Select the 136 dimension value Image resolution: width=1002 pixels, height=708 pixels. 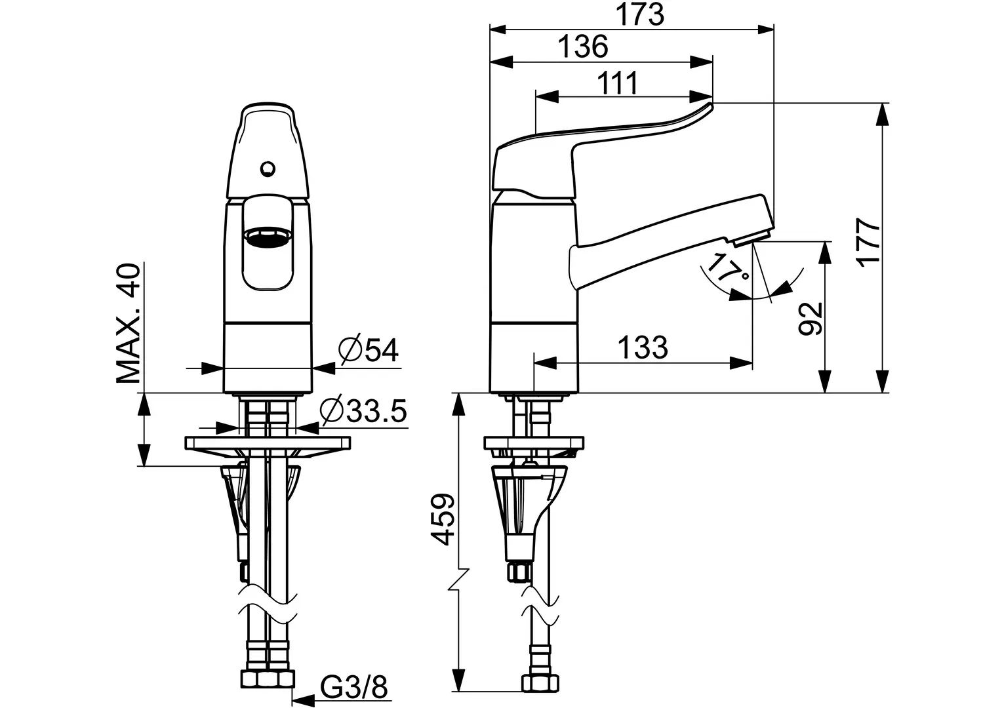pyautogui.click(x=584, y=47)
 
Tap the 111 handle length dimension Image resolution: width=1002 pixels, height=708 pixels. pyautogui.click(x=618, y=83)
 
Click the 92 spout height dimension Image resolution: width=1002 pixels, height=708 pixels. pyautogui.click(x=811, y=319)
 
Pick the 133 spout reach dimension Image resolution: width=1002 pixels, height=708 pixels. pyautogui.click(x=643, y=347)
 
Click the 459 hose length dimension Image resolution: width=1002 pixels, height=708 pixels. pyautogui.click(x=443, y=519)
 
